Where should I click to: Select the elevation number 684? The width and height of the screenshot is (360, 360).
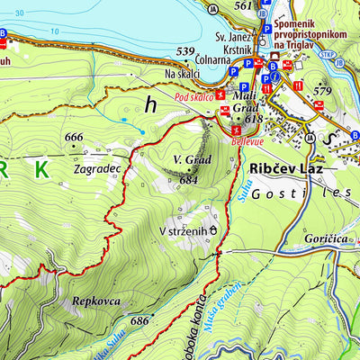pos(187,179)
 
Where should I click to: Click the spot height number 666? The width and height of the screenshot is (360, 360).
pos(74,137)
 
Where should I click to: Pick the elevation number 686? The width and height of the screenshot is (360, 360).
pos(139,319)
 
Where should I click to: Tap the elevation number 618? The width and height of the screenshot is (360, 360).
pos(253,119)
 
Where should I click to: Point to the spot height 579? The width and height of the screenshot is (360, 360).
pos(323,89)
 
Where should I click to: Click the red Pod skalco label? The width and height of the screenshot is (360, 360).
pos(193,95)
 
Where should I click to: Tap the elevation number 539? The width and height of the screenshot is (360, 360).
pos(185,50)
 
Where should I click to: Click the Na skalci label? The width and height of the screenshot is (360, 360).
pos(183,75)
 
